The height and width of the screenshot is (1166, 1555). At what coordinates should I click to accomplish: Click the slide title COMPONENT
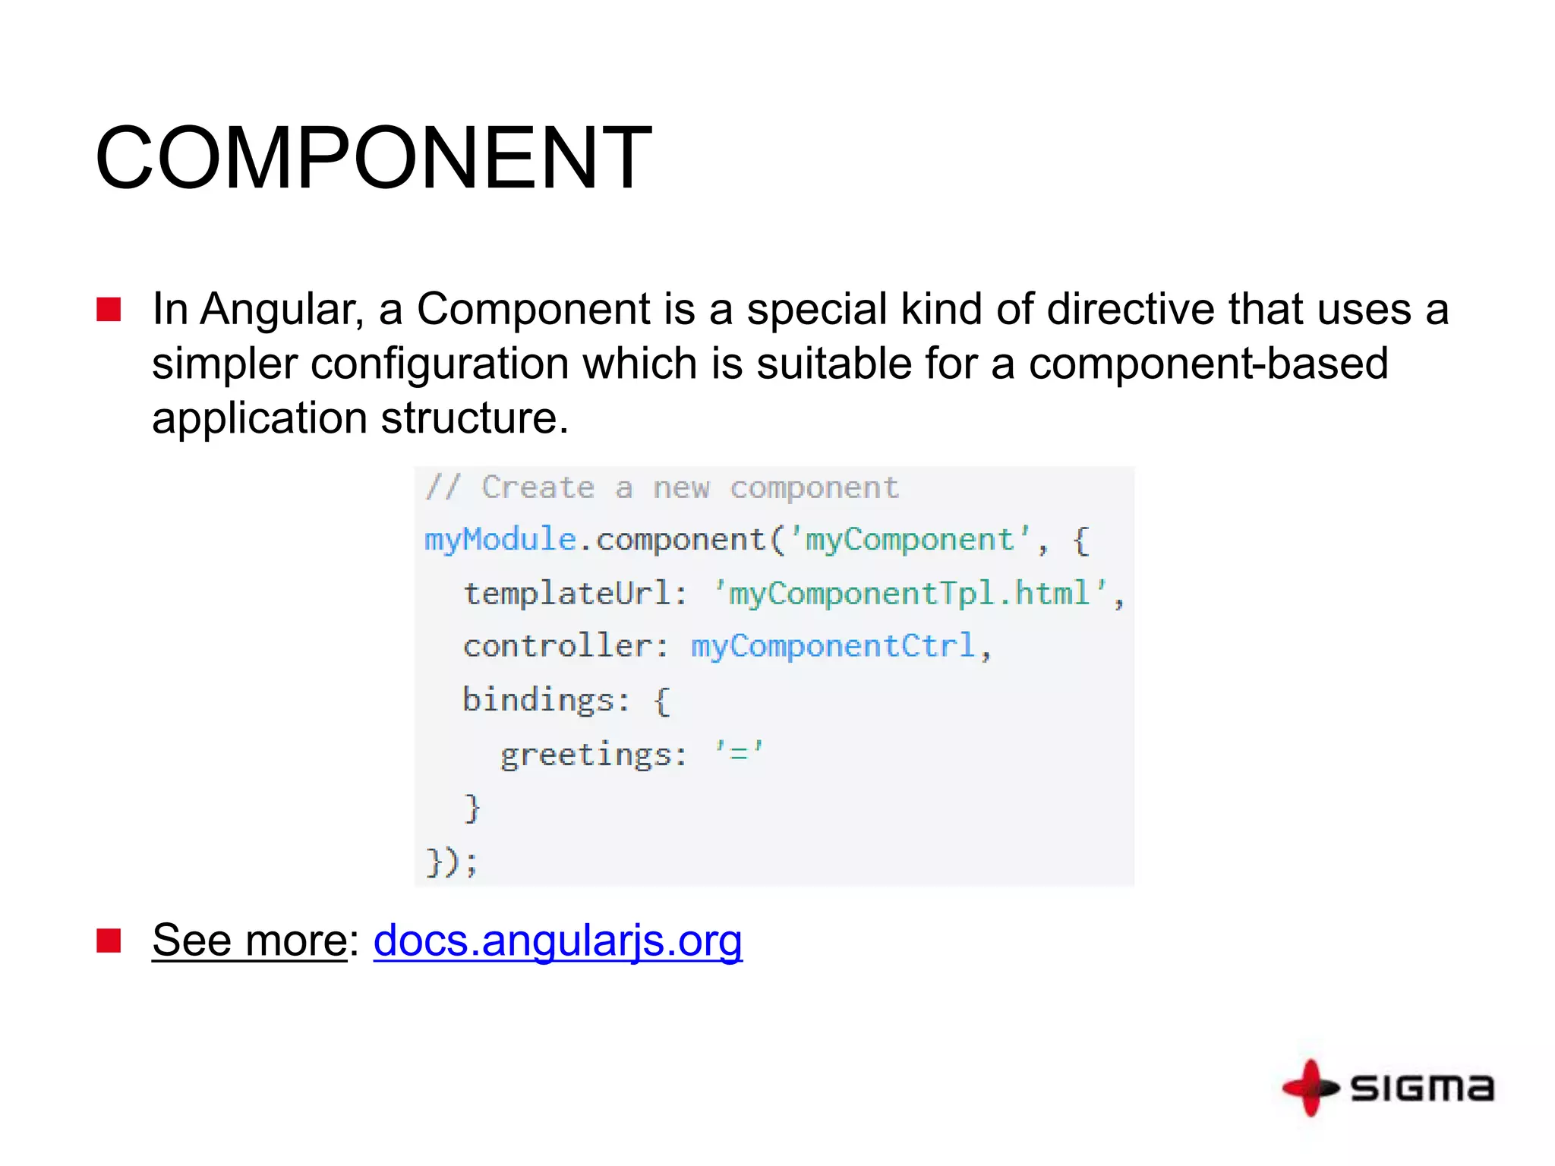coord(373,158)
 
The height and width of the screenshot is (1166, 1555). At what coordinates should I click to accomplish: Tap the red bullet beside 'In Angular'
coord(109,310)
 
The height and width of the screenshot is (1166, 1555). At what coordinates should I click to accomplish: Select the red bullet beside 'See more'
coord(109,941)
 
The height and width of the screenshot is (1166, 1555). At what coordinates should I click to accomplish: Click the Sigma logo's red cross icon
coord(1310,1088)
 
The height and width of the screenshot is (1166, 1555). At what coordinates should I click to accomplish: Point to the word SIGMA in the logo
coord(1422,1088)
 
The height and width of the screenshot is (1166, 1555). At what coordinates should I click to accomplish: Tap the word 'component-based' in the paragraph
coord(1208,364)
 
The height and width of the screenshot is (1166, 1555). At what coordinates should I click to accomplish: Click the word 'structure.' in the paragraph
coord(475,418)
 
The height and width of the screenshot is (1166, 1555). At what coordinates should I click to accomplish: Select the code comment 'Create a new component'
coord(689,488)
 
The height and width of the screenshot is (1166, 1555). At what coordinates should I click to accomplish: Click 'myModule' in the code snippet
coord(500,540)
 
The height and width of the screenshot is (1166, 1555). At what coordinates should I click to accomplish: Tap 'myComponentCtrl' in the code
coord(832,647)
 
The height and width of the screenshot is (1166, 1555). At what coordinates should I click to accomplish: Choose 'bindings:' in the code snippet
coord(546,700)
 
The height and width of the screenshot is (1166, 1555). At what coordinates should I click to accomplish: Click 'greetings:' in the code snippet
coord(593,755)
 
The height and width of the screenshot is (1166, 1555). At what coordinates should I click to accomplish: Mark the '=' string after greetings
coord(738,753)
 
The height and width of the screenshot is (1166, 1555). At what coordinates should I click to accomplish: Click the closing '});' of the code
coord(452,862)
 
